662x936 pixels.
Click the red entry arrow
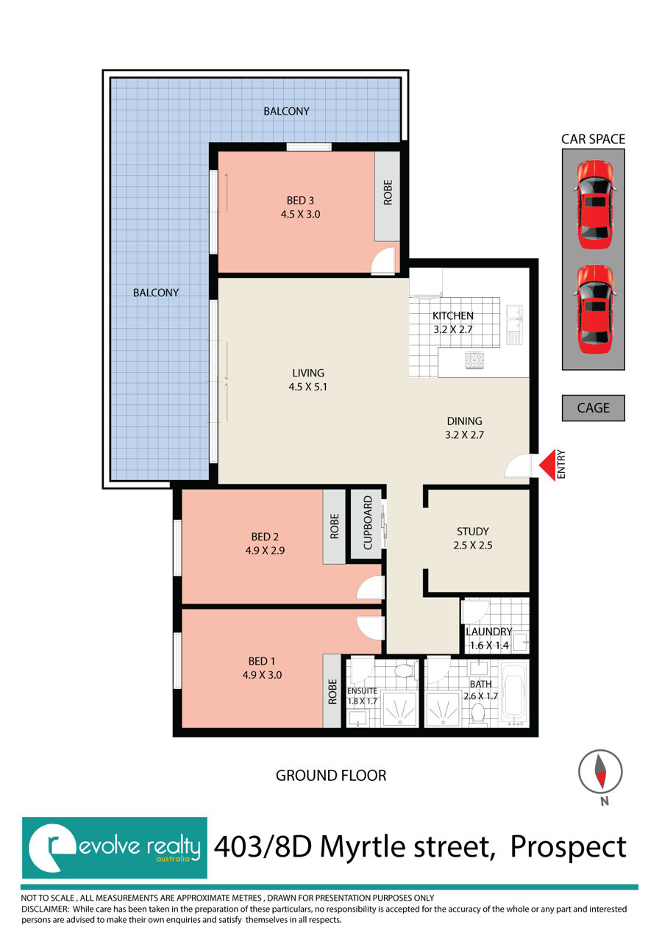click(x=548, y=465)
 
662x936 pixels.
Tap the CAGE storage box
click(x=593, y=408)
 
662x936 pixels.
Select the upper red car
click(x=595, y=204)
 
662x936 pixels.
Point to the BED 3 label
click(x=300, y=201)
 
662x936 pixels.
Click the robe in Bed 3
click(x=388, y=196)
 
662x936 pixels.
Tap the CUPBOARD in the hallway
click(x=366, y=524)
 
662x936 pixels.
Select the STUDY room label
click(x=473, y=532)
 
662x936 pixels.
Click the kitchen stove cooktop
click(x=474, y=360)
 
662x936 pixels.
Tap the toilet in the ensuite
click(x=404, y=671)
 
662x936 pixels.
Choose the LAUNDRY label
click(x=488, y=632)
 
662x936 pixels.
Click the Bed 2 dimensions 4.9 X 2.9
click(x=265, y=550)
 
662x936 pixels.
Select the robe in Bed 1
click(x=332, y=690)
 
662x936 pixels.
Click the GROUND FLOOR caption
click(x=331, y=776)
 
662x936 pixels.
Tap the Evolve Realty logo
click(x=115, y=848)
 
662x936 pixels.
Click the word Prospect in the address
click(x=568, y=849)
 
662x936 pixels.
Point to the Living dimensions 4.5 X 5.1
click(x=307, y=387)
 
